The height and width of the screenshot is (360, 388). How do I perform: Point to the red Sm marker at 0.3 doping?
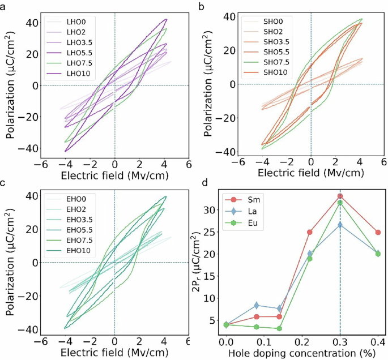340,196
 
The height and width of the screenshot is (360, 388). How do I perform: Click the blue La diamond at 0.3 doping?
340,225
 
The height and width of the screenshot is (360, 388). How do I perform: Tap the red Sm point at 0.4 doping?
378,232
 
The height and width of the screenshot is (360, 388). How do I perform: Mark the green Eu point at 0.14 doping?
279,328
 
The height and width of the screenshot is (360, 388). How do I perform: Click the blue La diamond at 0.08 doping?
257,306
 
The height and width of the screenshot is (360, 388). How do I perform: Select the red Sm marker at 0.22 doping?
310,232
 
